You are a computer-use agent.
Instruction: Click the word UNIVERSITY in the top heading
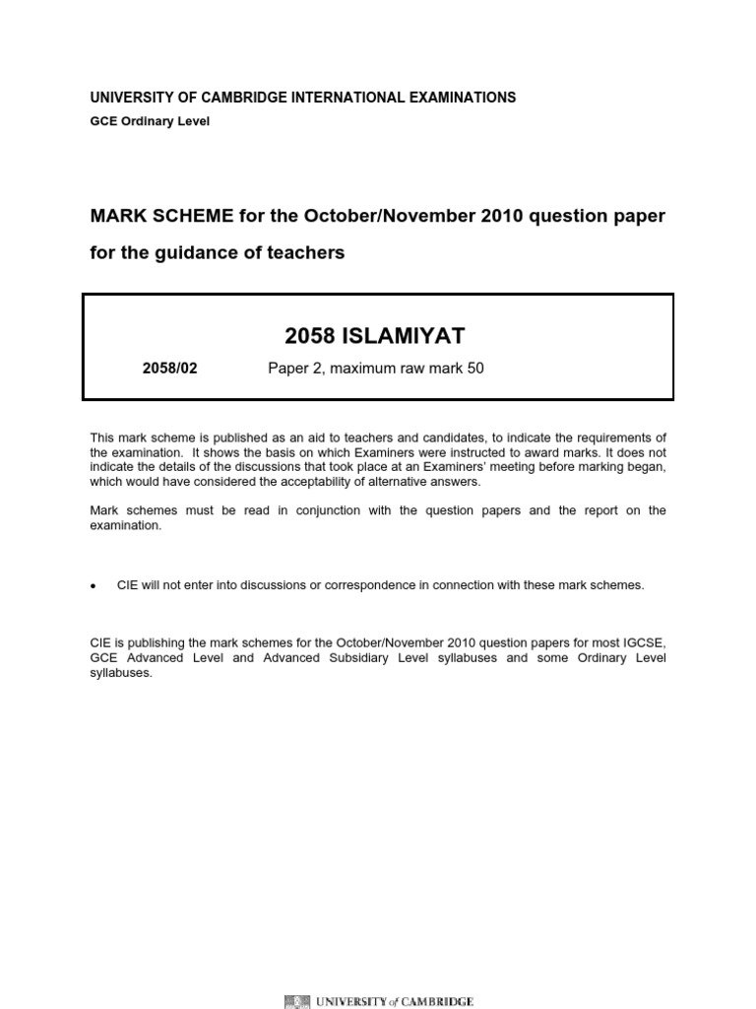pos(132,98)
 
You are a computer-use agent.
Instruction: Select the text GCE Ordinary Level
pos(150,121)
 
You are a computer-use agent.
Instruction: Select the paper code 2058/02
pos(171,370)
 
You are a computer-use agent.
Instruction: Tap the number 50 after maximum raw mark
pos(475,370)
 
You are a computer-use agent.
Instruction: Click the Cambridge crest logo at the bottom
pos(294,1001)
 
